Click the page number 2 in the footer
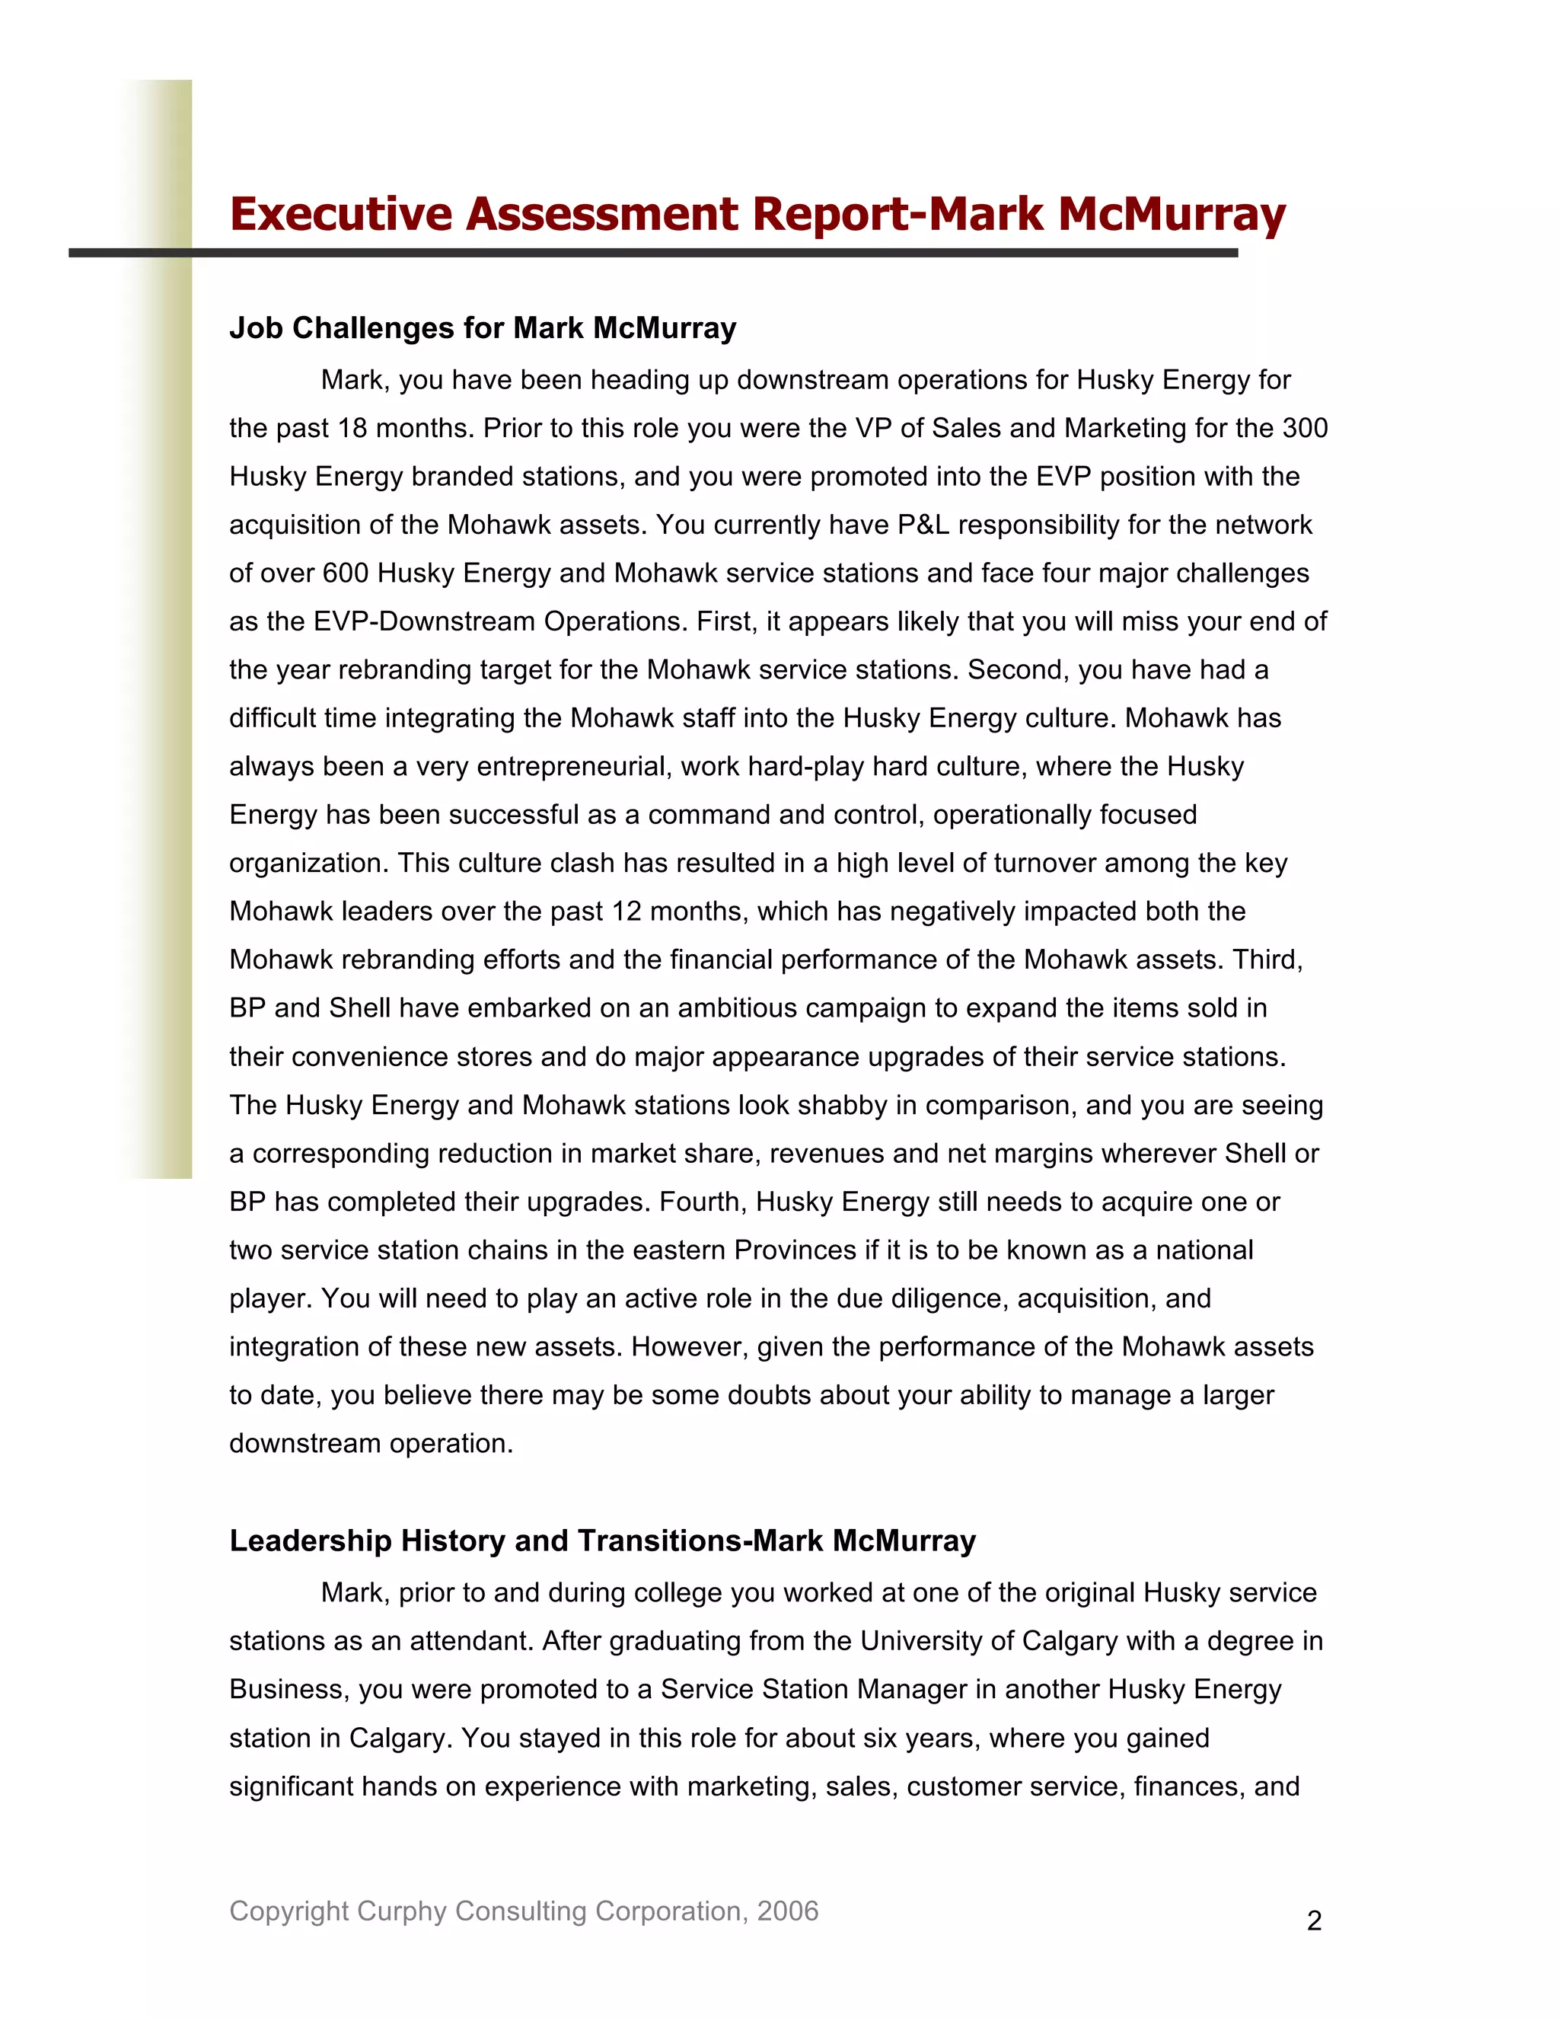1314,1921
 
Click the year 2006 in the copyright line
787,1911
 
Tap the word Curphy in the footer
402,1911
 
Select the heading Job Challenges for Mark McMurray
482,328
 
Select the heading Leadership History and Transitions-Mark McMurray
602,1541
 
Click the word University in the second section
919,1641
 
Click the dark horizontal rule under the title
652,252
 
